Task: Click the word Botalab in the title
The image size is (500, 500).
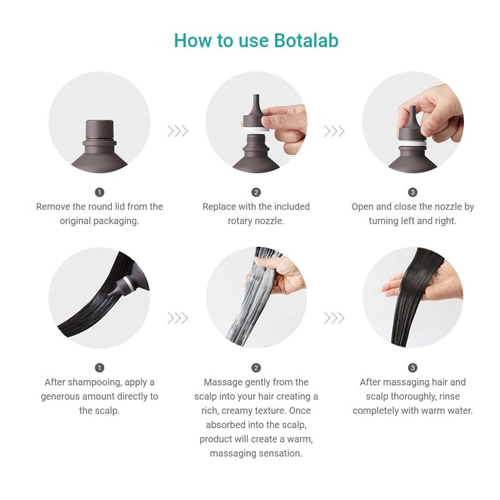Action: click(x=306, y=41)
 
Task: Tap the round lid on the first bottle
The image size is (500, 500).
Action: click(x=99, y=129)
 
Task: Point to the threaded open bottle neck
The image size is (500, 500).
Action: click(x=256, y=141)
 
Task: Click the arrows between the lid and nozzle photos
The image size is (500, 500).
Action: click(x=177, y=131)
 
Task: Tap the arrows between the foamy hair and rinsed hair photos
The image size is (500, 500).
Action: click(x=334, y=318)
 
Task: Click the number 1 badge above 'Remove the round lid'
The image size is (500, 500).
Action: click(x=99, y=192)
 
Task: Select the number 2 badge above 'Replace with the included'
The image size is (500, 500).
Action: click(x=256, y=192)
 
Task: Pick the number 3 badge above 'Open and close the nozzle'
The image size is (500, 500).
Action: click(x=412, y=192)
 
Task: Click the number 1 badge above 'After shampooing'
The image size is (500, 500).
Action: click(x=99, y=367)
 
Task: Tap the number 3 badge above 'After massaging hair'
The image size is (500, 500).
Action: click(x=412, y=367)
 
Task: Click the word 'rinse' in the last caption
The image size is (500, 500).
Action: click(x=449, y=396)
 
